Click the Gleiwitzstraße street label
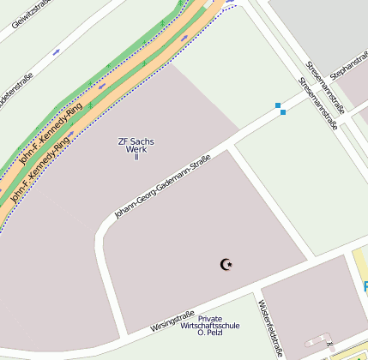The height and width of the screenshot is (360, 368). (29, 15)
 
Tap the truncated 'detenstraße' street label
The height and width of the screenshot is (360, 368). (15, 87)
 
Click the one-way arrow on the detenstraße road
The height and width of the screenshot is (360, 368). (57, 51)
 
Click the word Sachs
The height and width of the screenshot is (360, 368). (142, 141)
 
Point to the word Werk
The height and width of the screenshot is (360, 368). (136, 149)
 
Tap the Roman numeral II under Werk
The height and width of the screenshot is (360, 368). (136, 157)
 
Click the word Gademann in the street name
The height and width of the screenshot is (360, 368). (172, 184)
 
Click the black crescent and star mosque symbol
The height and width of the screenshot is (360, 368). (227, 264)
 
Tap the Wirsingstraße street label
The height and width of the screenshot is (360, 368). (172, 321)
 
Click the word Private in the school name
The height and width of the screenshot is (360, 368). (210, 319)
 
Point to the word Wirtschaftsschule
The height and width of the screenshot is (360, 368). (210, 326)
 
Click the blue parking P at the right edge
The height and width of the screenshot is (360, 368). (365, 286)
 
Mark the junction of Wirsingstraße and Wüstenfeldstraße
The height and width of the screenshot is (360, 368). (255, 294)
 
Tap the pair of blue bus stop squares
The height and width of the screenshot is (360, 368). (281, 109)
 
